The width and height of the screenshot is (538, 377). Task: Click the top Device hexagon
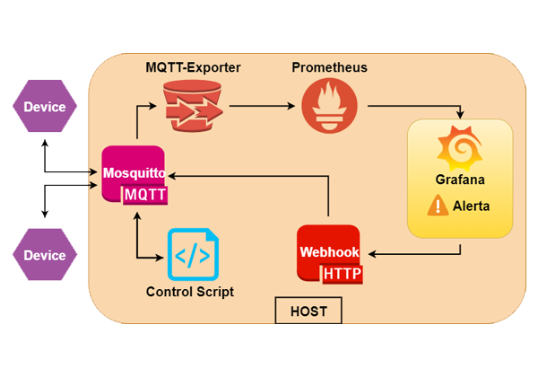44,107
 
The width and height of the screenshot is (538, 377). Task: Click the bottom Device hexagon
44,255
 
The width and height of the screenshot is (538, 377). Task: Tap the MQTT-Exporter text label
194,68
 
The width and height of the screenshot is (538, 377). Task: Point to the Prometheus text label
329,68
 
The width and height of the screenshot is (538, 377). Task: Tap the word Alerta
471,206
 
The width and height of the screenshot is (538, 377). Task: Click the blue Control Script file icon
193,255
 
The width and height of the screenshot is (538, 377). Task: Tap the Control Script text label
189,292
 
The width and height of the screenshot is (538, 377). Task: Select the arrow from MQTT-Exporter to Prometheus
262,106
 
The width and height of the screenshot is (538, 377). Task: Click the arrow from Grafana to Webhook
421,253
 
